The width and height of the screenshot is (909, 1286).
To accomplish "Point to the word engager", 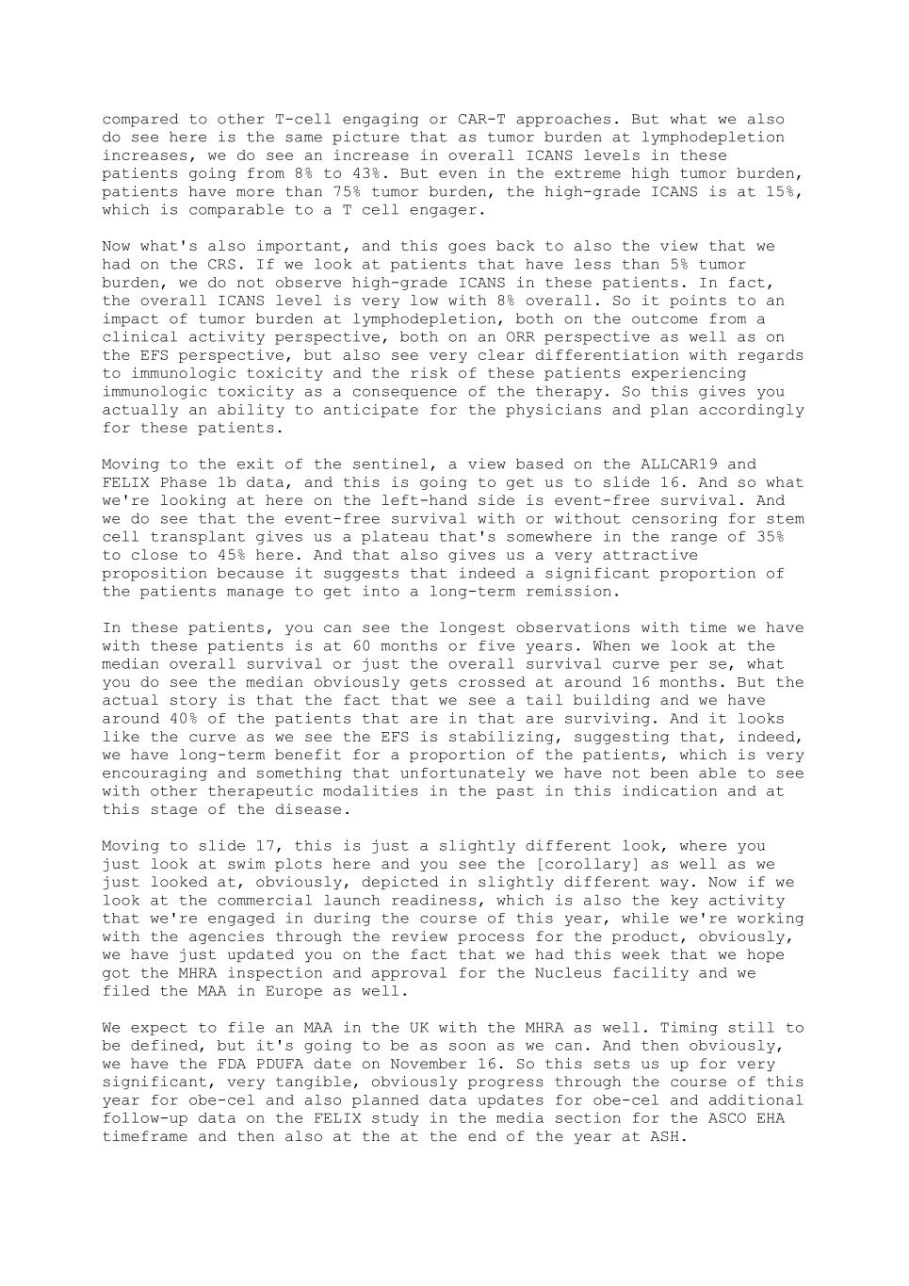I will click(447, 210).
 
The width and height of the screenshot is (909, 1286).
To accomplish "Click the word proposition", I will click(154, 574).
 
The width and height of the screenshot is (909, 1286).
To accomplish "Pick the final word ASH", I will click(664, 1137).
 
